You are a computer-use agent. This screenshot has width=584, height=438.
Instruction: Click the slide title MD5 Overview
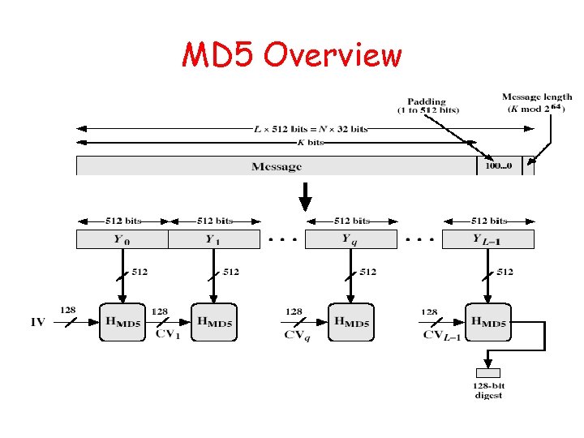pos(292,55)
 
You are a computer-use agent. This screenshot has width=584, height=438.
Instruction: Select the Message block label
pos(276,166)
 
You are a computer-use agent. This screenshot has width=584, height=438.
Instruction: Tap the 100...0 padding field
pos(498,166)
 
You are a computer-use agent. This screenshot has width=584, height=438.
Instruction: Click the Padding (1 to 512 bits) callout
pos(427,106)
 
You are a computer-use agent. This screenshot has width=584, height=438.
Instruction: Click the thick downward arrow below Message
pos(305,195)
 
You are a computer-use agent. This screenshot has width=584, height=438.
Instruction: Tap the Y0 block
pos(122,239)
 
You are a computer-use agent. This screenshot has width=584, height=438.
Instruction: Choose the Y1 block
pos(213,239)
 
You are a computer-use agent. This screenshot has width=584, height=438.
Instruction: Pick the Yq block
pos(350,239)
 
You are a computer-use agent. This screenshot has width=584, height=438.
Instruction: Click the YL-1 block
pos(488,239)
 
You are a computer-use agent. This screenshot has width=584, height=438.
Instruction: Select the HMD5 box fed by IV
pos(122,322)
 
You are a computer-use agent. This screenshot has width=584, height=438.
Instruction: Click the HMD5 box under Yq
pos(351,322)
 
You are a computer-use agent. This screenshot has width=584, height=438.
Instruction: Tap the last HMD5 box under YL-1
pos(488,322)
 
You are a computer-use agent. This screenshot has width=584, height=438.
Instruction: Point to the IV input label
pos(38,323)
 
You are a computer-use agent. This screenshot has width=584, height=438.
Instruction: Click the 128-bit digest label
pos(488,391)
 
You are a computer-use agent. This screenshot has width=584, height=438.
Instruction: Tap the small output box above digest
pos(487,372)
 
